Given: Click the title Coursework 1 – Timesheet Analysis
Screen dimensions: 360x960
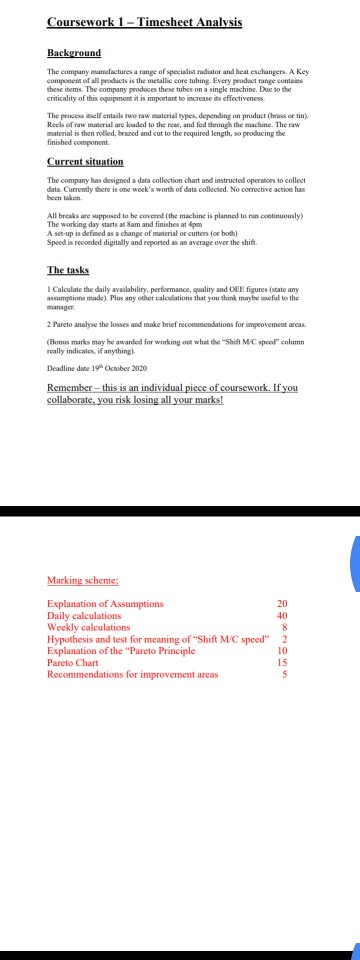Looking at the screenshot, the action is tap(144, 21).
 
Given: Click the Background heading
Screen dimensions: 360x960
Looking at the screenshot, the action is tap(73, 52).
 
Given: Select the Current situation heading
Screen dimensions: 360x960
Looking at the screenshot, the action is tap(85, 161).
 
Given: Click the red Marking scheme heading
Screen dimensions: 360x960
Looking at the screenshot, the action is tap(83, 580).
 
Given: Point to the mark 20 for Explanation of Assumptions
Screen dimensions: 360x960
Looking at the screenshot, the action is tap(281, 604).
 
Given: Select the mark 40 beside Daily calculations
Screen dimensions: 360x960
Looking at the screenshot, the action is tap(281, 616).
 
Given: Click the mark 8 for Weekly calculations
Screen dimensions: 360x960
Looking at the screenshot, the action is tap(284, 628).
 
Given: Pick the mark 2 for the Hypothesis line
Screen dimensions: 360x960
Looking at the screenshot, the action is tap(284, 640).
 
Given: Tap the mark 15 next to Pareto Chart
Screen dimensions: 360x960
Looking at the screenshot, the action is tap(281, 663).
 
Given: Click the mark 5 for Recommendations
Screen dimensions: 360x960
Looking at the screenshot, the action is tap(284, 675).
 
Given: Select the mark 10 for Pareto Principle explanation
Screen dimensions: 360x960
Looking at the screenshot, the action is tap(281, 651).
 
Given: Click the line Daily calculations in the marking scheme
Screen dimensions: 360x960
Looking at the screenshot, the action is tap(84, 616).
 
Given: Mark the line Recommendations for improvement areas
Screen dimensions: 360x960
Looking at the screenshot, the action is tap(132, 675).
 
